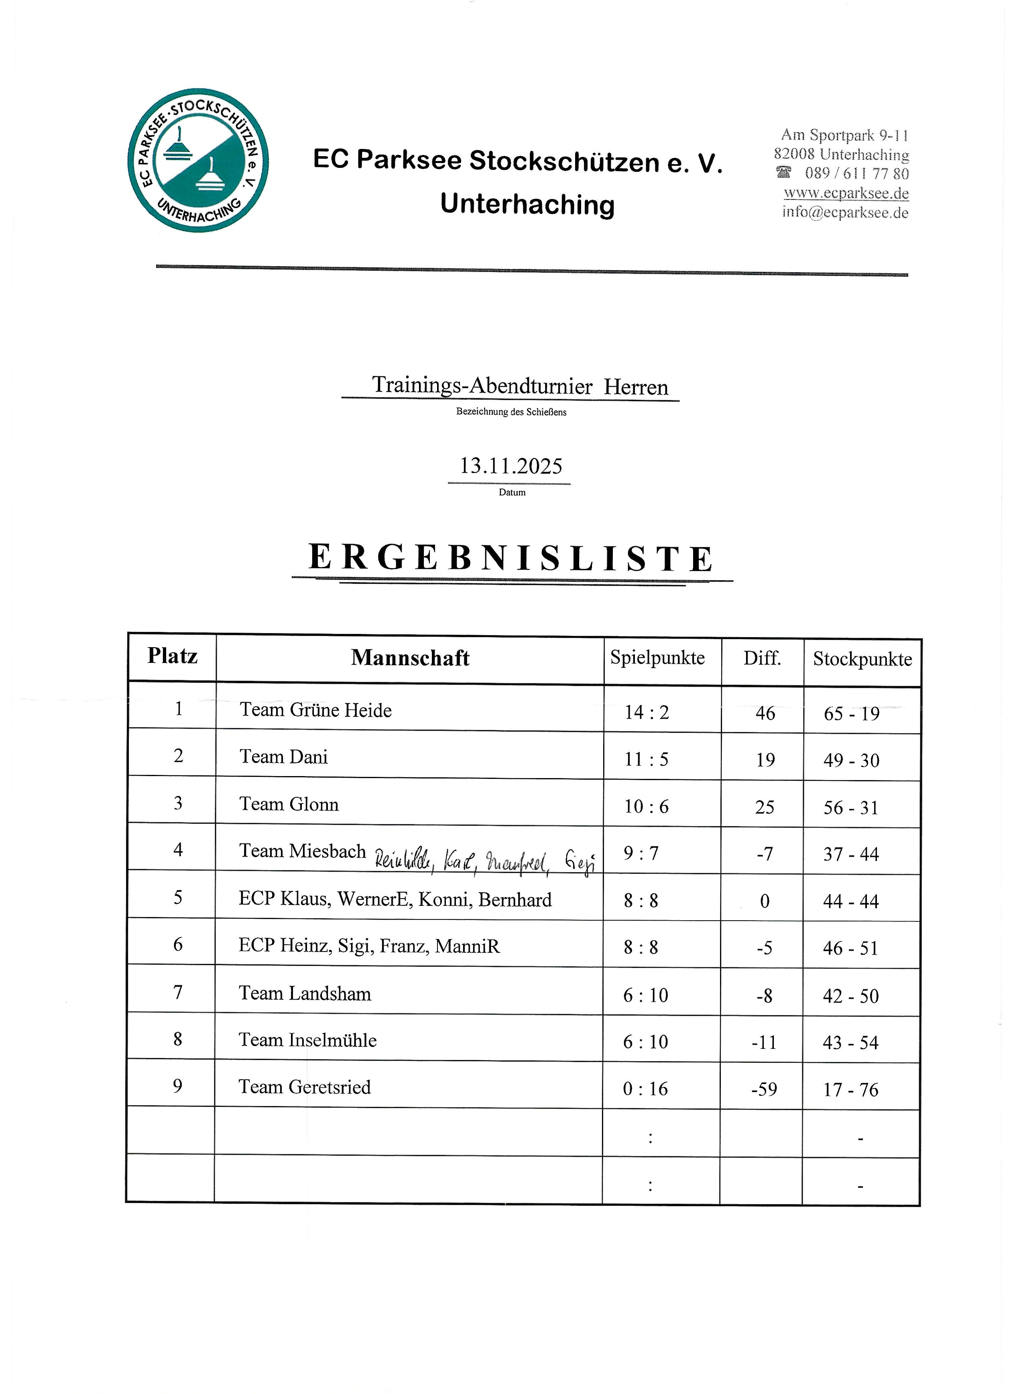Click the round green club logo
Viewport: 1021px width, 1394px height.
pos(198,160)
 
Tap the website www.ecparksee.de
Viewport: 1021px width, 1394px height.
pos(846,193)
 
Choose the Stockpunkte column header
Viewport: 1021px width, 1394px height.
pos(862,659)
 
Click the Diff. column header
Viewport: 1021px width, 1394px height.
pos(762,658)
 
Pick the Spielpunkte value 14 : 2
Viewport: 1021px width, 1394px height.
pos(647,712)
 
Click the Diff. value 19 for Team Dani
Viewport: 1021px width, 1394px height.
pos(765,760)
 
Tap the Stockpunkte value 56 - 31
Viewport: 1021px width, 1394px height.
pos(850,807)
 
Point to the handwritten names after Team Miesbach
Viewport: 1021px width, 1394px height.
pos(484,860)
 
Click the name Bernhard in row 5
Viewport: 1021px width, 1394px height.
pos(515,899)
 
